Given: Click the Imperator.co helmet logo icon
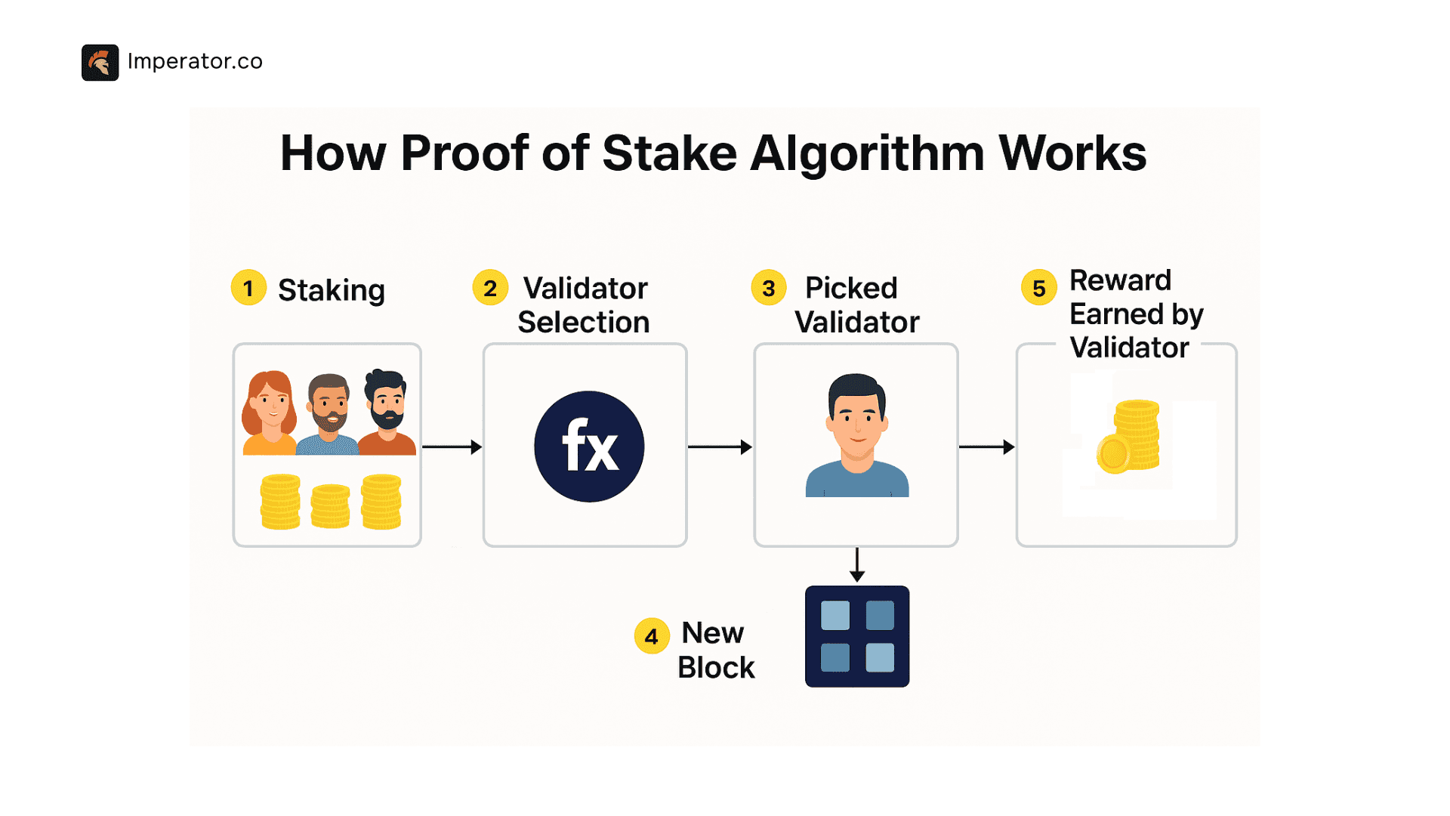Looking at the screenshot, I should point(100,62).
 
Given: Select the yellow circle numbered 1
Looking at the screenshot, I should point(248,288).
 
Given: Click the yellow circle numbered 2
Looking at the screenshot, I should point(490,288).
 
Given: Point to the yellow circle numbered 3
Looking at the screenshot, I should point(769,288).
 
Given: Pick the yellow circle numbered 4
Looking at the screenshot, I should point(651,636).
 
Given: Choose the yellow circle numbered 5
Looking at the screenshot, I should point(1039,287).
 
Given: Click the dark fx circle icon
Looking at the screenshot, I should point(589,446).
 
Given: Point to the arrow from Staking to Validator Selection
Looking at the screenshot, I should point(452,447).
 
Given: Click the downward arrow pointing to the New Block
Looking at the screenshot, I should point(856,565).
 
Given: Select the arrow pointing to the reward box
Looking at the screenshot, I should point(986,447).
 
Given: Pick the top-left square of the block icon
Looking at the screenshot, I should point(835,615).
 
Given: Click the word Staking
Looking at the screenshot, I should point(332,290).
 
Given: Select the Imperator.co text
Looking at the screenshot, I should point(195,61).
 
